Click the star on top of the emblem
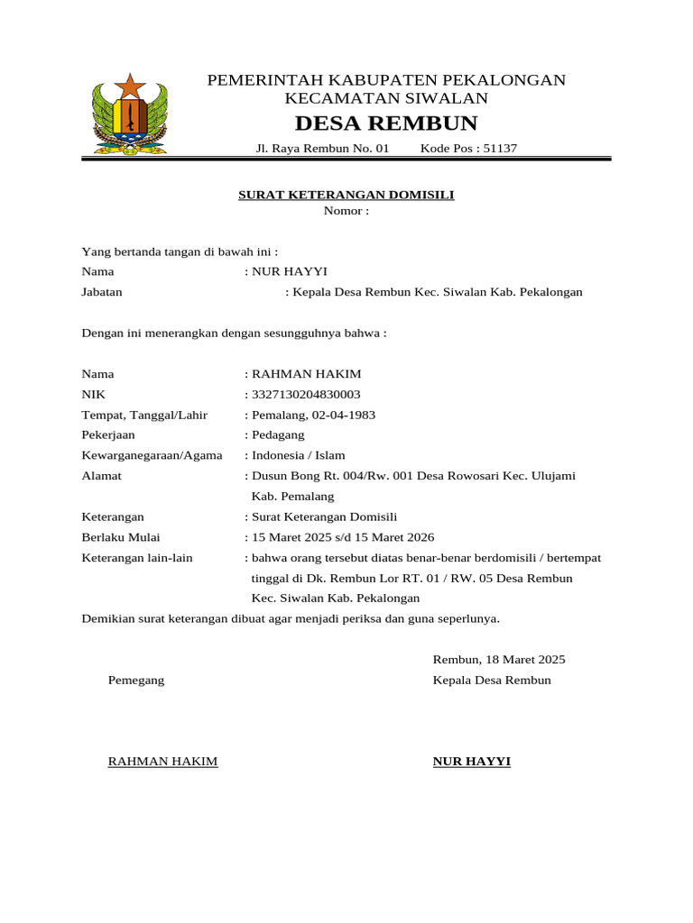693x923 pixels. pos(130,87)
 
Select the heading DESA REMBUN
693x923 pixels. pos(386,123)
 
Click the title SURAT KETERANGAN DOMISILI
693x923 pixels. pos(346,195)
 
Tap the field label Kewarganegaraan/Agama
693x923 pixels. pos(152,455)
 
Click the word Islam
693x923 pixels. pos(328,455)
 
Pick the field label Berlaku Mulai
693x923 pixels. pos(121,537)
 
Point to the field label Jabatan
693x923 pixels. pos(102,292)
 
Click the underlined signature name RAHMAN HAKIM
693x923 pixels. pos(162,762)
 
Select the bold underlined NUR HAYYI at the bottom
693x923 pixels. pos(471,762)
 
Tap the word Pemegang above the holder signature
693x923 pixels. pos(136,681)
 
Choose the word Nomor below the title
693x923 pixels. pos(343,211)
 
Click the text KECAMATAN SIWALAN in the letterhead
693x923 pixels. pos(386,98)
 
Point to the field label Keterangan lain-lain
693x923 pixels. pos(137,558)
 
